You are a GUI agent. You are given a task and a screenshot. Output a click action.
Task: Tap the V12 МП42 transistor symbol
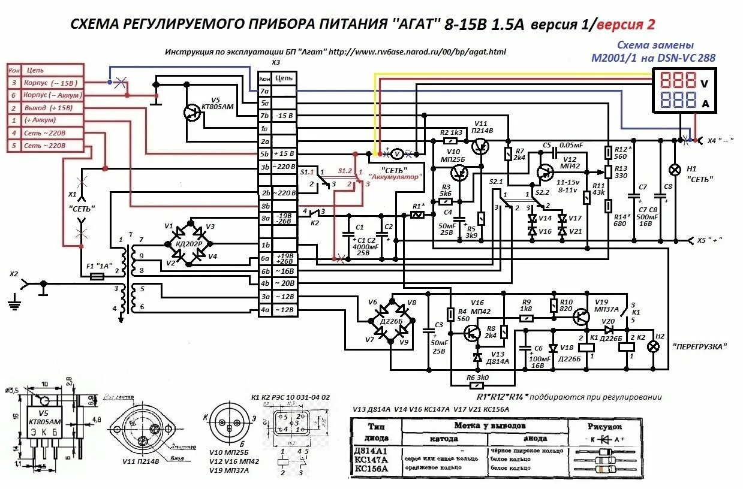(546, 173)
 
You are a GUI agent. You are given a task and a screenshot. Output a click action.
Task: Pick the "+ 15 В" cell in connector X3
(284, 154)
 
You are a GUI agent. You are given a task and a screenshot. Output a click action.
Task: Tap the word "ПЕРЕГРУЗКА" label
(700, 346)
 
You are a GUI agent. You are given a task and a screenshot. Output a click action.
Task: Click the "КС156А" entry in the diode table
(372, 469)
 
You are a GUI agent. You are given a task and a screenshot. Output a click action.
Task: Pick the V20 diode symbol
(609, 329)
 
